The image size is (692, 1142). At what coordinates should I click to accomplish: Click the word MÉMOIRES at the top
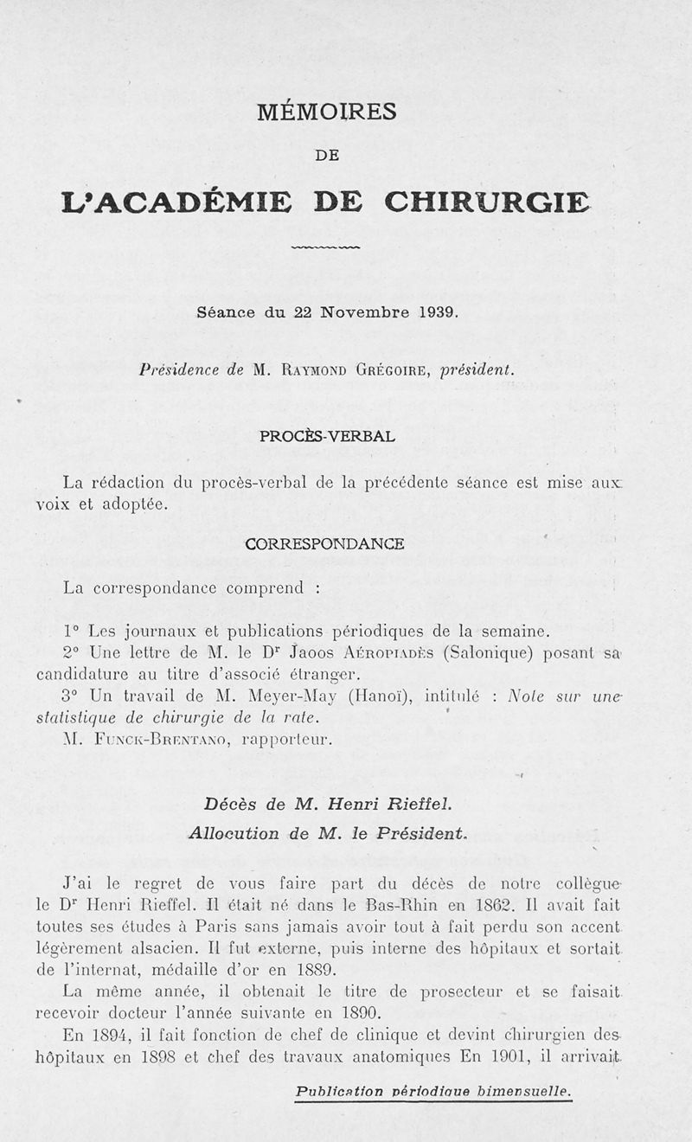pyautogui.click(x=326, y=112)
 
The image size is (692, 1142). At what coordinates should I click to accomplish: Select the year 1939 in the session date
pyautogui.click(x=437, y=313)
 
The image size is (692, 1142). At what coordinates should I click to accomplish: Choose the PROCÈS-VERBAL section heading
pyautogui.click(x=327, y=436)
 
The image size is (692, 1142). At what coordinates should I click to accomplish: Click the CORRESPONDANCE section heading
pyautogui.click(x=324, y=544)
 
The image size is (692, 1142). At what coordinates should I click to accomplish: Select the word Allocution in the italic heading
pyautogui.click(x=221, y=833)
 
